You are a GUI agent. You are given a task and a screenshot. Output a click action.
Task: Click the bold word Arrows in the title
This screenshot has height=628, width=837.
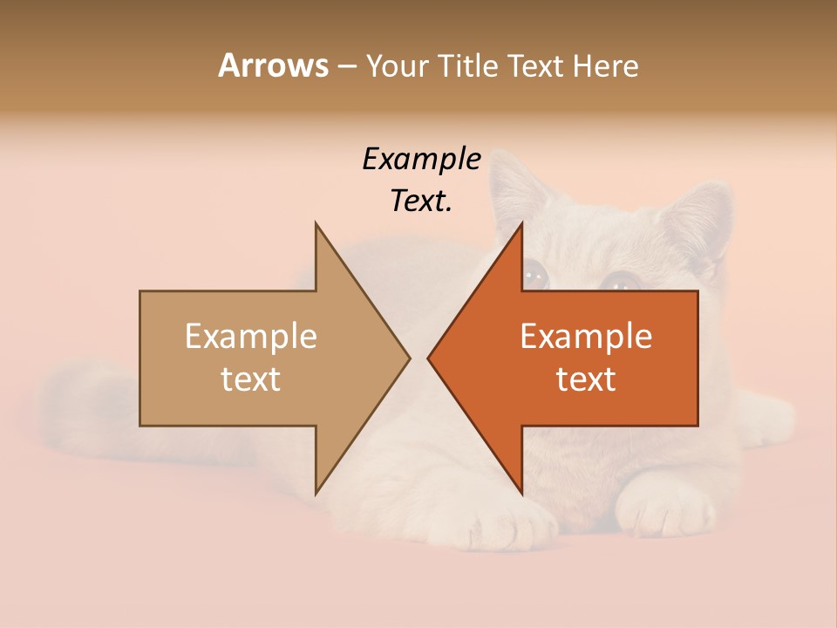point(272,65)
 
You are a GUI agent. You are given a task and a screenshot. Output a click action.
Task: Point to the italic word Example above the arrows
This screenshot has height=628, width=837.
point(421,159)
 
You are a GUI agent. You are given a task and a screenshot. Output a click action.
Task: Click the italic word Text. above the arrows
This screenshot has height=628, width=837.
point(421,201)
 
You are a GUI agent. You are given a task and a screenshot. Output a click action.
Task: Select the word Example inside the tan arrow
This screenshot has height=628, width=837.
point(250,336)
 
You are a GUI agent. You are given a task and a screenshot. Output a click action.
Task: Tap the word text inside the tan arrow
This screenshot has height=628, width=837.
point(250,379)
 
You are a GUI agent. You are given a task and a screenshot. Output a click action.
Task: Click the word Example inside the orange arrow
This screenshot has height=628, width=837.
point(586,336)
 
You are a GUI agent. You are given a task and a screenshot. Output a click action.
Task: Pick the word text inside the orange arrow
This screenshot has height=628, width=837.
point(586,379)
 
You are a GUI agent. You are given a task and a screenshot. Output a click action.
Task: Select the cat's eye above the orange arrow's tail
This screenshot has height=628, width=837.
point(622,281)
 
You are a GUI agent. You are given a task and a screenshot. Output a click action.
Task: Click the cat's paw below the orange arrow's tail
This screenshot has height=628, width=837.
point(667,506)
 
